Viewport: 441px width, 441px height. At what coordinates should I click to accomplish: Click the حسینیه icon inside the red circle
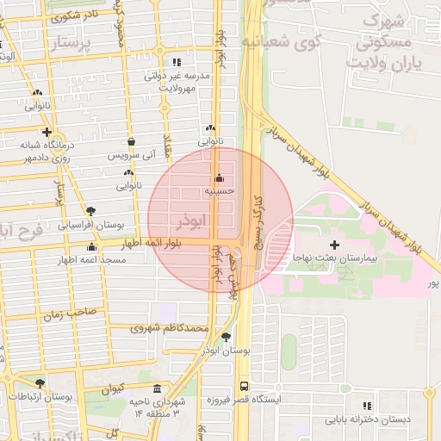[219, 178]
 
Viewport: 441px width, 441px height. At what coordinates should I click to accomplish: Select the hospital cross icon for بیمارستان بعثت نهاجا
[335, 245]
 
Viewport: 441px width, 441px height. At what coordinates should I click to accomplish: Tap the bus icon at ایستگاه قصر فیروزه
[244, 387]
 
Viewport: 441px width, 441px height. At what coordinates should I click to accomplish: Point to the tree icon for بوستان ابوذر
[226, 338]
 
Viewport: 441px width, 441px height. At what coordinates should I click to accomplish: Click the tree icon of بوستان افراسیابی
[91, 209]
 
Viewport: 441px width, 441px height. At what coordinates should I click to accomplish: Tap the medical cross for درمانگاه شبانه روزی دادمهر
[47, 132]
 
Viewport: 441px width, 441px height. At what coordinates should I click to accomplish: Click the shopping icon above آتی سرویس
[131, 142]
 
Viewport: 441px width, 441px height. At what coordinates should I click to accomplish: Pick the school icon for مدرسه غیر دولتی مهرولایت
[177, 62]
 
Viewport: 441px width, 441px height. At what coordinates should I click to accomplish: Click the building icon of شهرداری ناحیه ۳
[156, 388]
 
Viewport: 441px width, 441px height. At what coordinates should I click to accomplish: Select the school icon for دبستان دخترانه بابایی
[367, 406]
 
